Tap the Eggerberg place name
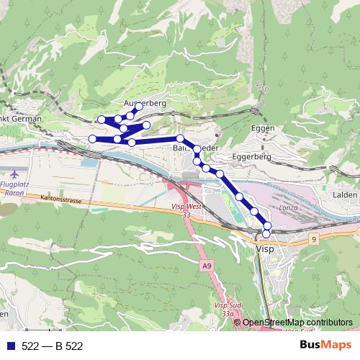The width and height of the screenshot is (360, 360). [x=251, y=156]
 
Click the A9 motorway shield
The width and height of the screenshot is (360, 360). [x=207, y=266]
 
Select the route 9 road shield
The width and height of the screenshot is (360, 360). [x=314, y=238]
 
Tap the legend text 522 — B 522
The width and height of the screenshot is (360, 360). [x=53, y=346]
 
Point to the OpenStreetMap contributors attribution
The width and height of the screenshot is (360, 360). [x=297, y=323]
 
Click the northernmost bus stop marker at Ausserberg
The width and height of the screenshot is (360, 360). [x=139, y=107]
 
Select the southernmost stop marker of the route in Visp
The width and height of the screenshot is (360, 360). [x=266, y=233]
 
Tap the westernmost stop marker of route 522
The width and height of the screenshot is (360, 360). [x=91, y=138]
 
